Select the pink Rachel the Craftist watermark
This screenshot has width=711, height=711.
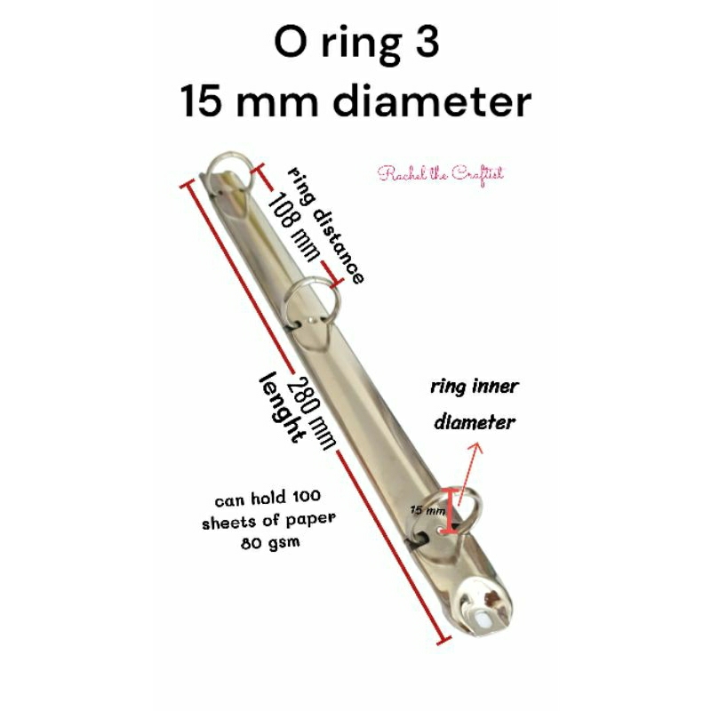(x=441, y=173)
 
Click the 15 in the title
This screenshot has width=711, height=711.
(x=205, y=102)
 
